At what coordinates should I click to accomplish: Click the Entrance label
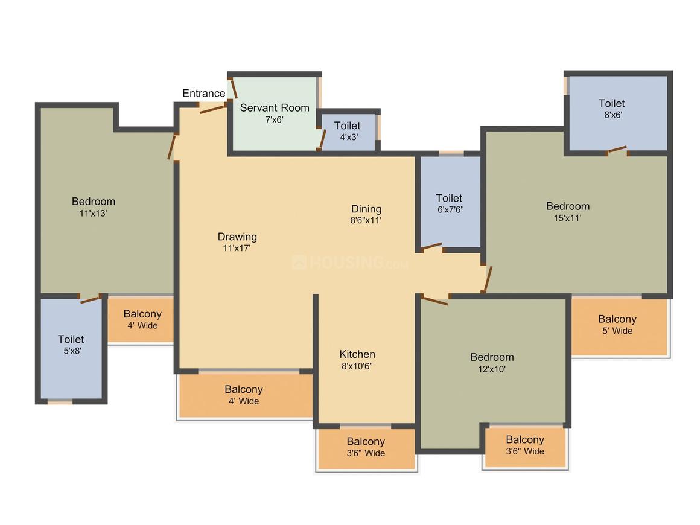tap(204, 94)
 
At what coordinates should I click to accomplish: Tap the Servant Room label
tap(275, 108)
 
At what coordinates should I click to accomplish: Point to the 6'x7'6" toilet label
tap(449, 199)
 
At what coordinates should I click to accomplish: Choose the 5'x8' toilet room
tap(71, 347)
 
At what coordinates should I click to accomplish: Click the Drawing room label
tap(237, 237)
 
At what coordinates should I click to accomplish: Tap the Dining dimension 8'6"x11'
tap(366, 221)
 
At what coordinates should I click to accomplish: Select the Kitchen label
tap(357, 354)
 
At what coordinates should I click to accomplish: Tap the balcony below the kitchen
tap(366, 448)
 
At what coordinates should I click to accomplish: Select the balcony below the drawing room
tap(244, 395)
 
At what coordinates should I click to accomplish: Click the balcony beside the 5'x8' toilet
tap(141, 320)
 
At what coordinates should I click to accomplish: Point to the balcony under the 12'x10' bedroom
tap(525, 446)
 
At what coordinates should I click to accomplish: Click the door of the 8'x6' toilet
tap(617, 150)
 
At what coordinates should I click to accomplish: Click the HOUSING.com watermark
tap(350, 263)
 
